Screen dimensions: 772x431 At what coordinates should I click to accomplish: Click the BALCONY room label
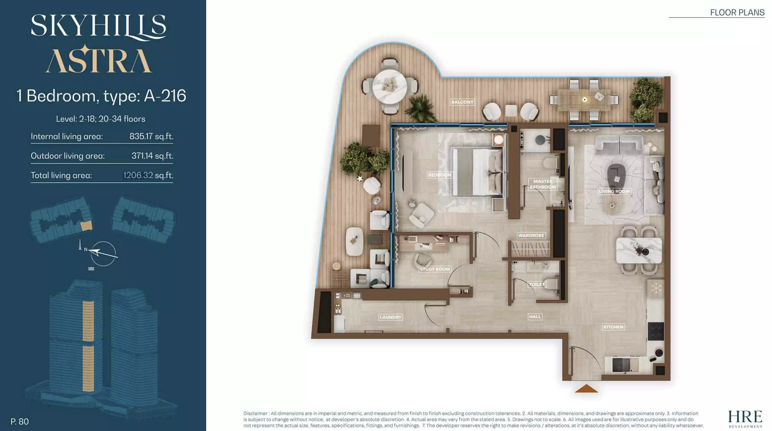pos(462,102)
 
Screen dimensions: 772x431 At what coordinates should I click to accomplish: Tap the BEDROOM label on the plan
pos(440,175)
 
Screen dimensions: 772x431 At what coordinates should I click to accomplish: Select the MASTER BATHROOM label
pos(543,184)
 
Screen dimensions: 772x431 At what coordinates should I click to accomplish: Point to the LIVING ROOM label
pos(614,191)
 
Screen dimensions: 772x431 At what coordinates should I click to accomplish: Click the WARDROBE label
pos(531,235)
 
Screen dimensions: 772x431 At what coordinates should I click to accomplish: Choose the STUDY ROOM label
pos(435,269)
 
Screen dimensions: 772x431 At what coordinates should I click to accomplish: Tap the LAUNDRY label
pos(391,317)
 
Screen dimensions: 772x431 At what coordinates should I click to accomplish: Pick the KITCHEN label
pos(613,327)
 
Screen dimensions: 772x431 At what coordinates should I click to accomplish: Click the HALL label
pos(535,317)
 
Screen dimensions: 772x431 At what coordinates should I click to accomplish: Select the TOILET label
pos(537,284)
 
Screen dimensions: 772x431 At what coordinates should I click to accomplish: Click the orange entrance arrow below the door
pos(586,389)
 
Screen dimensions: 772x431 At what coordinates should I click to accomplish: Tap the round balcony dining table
pos(390,86)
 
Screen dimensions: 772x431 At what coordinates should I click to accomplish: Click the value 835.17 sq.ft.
pos(151,136)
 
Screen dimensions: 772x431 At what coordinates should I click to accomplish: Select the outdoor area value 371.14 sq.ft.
pos(152,156)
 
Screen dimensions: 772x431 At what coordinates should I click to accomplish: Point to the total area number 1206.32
pos(138,175)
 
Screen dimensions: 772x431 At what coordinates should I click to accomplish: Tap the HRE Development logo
pos(745,419)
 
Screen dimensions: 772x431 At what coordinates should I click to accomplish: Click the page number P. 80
pos(20,422)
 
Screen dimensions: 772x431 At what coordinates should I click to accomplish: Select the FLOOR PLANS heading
pos(737,12)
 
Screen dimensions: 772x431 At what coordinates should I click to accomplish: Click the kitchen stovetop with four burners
pos(656,331)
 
